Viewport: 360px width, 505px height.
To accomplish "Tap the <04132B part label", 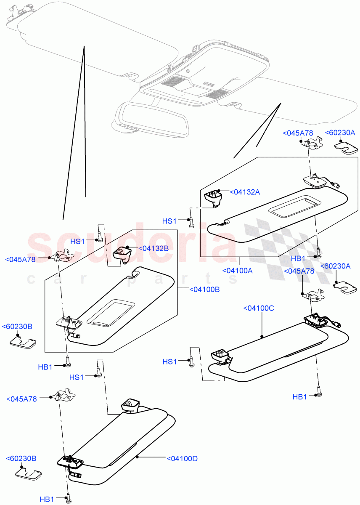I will pos(154,249).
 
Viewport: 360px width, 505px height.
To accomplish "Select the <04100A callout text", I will pos(238,271).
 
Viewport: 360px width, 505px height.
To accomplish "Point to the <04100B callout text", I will pos(204,290).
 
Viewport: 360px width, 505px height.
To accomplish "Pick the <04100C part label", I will pos(258,308).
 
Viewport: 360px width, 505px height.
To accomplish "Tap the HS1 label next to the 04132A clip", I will pos(170,221).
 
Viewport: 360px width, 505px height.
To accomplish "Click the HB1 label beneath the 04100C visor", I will pos(300,396).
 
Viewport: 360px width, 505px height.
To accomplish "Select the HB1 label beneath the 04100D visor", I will pos(47,499).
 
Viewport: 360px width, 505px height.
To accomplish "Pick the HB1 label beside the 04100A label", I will pos(298,258).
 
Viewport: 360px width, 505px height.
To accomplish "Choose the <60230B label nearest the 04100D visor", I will pos(21,458).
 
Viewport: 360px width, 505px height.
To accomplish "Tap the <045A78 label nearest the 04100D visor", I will pos(22,399).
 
